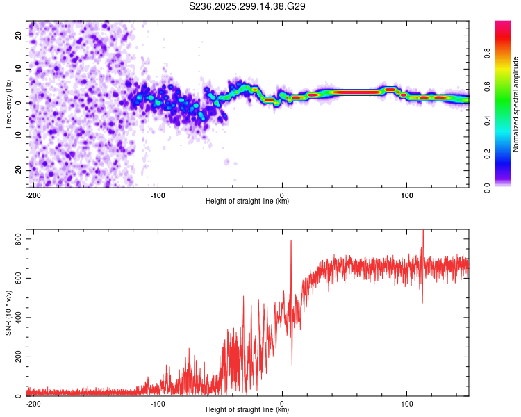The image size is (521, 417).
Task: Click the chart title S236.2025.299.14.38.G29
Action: coord(248,7)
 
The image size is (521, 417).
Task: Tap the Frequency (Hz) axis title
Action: coord(8,104)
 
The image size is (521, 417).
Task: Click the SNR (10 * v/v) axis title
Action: coord(8,315)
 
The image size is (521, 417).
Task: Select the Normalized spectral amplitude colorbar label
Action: coord(515,104)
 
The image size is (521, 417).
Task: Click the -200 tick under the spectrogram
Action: coord(33,194)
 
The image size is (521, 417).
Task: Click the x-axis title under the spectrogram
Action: coord(247,202)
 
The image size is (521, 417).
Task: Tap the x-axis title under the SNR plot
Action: coord(247,410)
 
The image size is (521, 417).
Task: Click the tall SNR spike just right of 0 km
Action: coord(291,243)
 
